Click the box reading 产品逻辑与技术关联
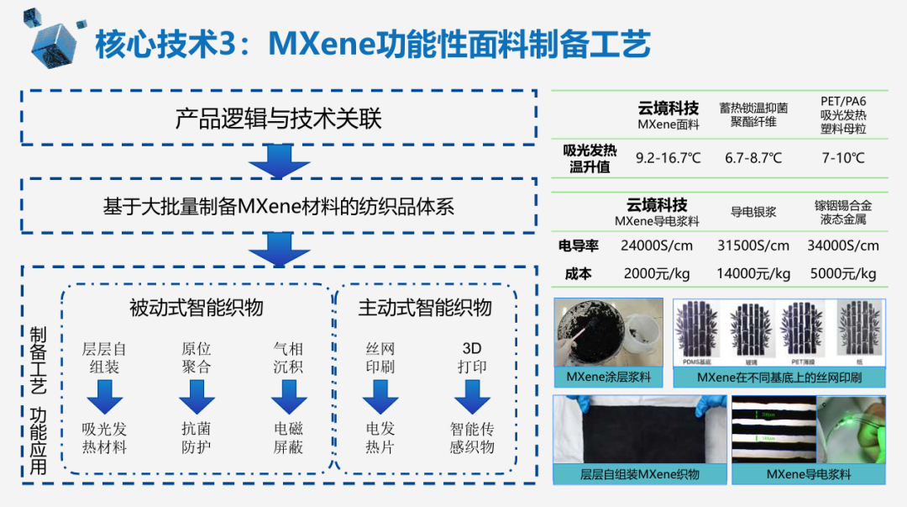click(x=278, y=118)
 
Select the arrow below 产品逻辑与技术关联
click(x=279, y=161)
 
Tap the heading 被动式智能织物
click(x=196, y=308)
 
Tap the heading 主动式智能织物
click(x=425, y=308)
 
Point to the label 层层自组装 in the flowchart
click(x=104, y=357)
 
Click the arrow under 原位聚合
click(x=197, y=396)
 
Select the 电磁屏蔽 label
click(x=288, y=437)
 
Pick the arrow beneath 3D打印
click(x=472, y=396)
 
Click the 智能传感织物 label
click(x=472, y=437)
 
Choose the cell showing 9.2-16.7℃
click(x=668, y=157)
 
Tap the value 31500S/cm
click(x=753, y=246)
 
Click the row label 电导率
click(x=579, y=246)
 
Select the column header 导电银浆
click(x=753, y=212)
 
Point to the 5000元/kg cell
click(x=843, y=273)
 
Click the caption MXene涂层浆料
click(x=608, y=377)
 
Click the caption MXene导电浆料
click(x=809, y=474)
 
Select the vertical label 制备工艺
click(x=39, y=362)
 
